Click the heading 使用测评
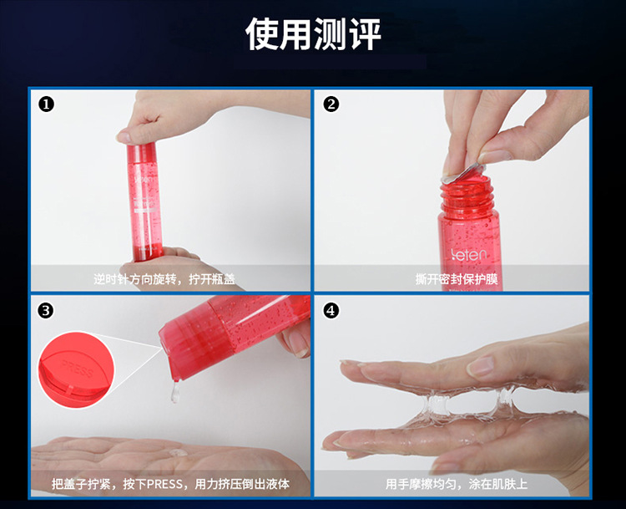coord(313,34)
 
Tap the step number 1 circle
coord(46,104)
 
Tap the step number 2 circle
coord(331,104)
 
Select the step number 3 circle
coord(46,311)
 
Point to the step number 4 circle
coord(331,311)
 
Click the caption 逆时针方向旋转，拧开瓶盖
coord(164,278)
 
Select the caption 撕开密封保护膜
coord(457,278)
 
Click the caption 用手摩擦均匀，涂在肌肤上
coord(456,484)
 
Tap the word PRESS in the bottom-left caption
coord(165,484)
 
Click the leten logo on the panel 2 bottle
coord(469,254)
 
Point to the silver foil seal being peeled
coord(463,174)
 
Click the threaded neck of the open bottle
coord(466,196)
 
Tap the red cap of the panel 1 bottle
coord(141,153)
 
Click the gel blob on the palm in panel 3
coord(178,453)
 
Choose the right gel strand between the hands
coord(504,400)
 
